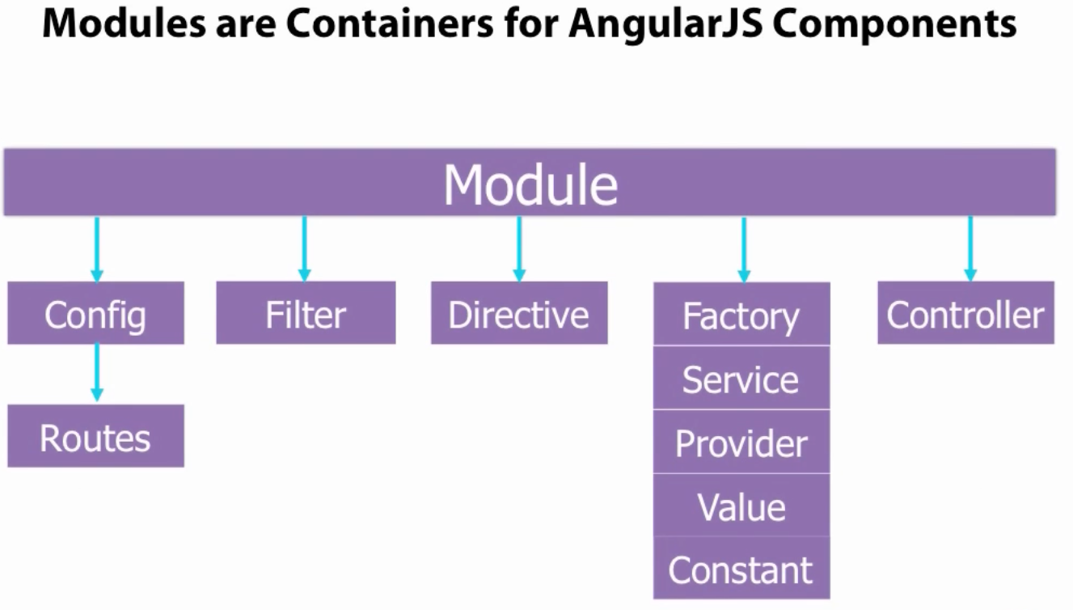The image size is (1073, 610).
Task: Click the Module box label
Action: (530, 184)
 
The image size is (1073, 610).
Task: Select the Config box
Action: (95, 314)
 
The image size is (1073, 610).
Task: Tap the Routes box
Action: (95, 437)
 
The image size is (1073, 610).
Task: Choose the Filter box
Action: (306, 314)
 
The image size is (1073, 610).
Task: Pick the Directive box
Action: (519, 314)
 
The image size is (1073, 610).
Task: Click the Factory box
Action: (741, 316)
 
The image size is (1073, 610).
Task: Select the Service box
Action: (741, 379)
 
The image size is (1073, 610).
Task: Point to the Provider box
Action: (741, 443)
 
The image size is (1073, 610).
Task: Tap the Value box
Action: (741, 506)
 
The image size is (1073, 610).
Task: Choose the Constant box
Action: (741, 570)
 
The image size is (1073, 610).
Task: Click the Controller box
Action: (965, 314)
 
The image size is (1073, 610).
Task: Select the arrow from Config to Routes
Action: (97, 373)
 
